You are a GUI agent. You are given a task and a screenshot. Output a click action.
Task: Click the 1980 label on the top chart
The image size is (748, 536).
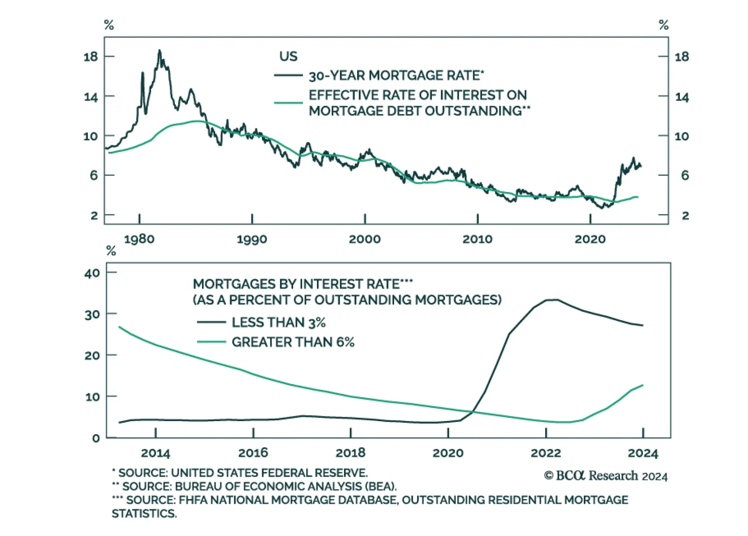[139, 239]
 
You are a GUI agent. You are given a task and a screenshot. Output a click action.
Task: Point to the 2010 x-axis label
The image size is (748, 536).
[477, 239]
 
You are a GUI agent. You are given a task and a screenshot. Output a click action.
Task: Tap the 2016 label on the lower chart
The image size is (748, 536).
[253, 453]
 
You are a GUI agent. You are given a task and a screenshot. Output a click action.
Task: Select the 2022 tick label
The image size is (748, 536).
[546, 453]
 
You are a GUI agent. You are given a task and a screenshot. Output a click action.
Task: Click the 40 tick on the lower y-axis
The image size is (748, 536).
[92, 273]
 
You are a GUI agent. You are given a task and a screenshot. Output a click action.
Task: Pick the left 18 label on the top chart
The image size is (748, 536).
[91, 57]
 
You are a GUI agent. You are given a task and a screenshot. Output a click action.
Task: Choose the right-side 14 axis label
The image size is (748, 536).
[682, 97]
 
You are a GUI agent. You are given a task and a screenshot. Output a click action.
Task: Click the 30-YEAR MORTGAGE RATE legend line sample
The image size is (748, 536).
[288, 75]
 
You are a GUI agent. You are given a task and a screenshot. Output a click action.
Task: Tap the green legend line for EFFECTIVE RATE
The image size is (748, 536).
[288, 102]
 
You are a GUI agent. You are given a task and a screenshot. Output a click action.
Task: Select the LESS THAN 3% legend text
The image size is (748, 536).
[279, 322]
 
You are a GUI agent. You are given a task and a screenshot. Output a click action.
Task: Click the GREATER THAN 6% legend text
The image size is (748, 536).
[293, 342]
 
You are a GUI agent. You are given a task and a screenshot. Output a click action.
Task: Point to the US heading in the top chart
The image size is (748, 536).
[288, 57]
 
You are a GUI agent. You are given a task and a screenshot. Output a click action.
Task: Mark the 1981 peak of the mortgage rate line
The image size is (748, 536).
[159, 50]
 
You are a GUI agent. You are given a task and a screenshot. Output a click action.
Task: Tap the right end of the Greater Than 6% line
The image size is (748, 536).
[643, 385]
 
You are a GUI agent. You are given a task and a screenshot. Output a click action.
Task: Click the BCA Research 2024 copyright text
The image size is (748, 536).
[606, 476]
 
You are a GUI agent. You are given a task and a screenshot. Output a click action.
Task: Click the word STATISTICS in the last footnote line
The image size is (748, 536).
[144, 514]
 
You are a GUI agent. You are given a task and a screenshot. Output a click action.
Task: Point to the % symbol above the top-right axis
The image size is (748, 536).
[663, 25]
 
